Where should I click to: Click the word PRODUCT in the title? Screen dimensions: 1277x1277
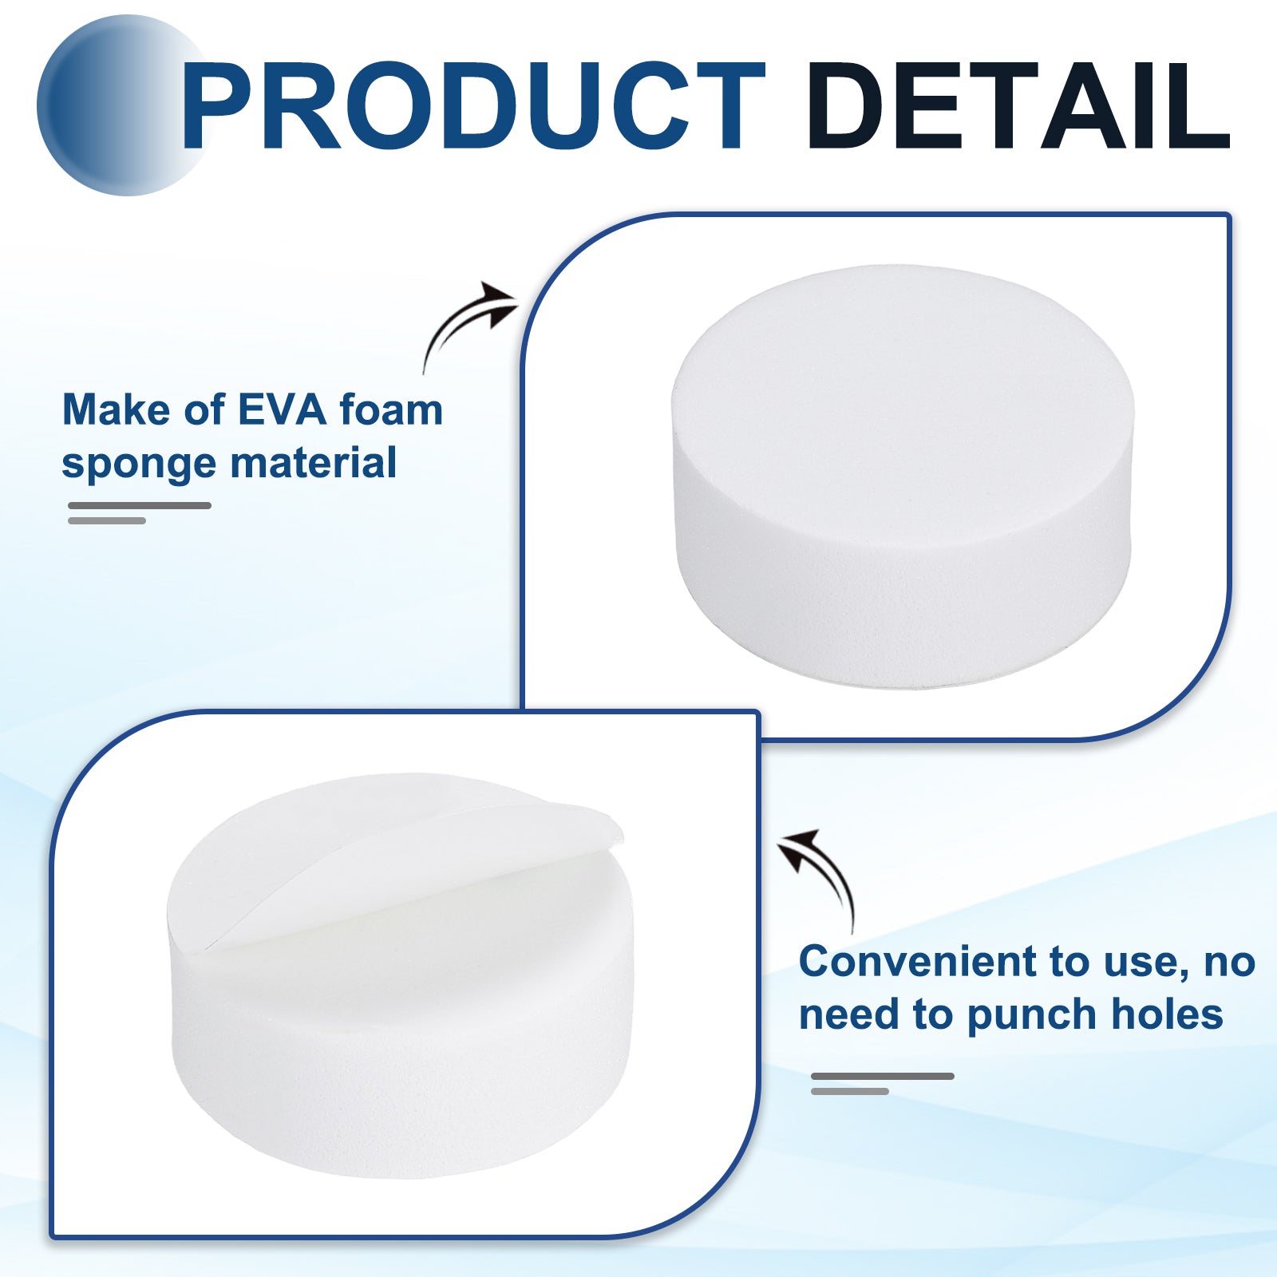click(x=473, y=106)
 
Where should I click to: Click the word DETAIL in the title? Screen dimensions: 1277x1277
click(x=1019, y=106)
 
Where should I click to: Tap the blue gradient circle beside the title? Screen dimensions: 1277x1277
click(x=120, y=105)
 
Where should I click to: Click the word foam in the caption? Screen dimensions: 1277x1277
click(x=391, y=410)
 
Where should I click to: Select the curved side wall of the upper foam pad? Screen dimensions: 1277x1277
click(x=902, y=591)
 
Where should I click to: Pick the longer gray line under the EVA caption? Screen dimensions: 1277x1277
click(x=140, y=505)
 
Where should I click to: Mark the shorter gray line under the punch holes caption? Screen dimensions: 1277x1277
click(x=850, y=1091)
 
